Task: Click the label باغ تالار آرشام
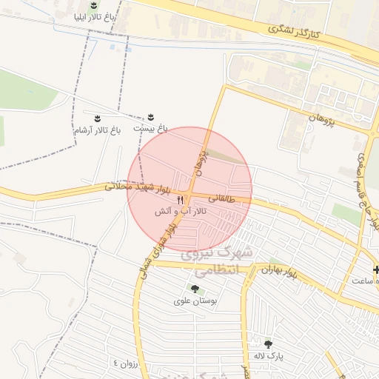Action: click(x=96, y=131)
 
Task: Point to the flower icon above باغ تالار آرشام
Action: click(x=96, y=118)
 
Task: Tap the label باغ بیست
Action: click(x=150, y=128)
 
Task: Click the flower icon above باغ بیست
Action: click(x=150, y=117)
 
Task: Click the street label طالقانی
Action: click(x=221, y=198)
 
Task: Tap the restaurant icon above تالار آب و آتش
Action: click(x=180, y=200)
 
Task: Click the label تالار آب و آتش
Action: click(x=180, y=212)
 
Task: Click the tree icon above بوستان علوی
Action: click(x=195, y=289)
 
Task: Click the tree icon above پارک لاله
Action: click(x=267, y=344)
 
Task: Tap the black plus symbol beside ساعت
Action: click(x=376, y=269)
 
